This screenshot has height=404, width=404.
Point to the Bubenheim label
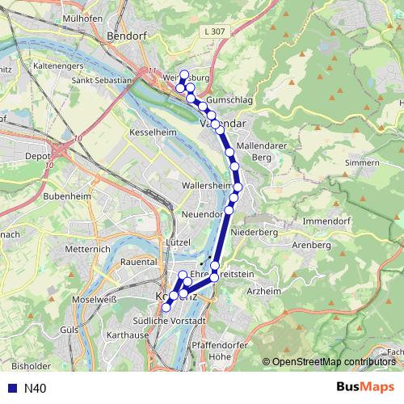tap(66, 196)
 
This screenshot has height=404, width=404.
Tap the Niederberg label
tap(254, 232)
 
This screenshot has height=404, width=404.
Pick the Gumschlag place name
tap(229, 100)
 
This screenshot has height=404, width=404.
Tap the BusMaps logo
tap(364, 388)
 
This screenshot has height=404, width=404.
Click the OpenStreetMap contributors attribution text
tap(334, 362)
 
